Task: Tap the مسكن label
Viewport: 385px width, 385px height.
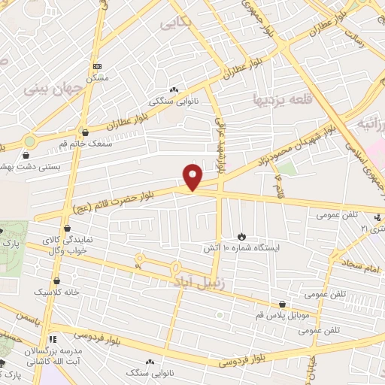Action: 97,77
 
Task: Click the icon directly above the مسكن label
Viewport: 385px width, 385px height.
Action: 97,66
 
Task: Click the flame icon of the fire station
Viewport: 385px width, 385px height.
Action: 241,236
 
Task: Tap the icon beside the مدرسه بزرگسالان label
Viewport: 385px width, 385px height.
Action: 53,339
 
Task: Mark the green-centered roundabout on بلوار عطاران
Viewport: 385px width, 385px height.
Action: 29,141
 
